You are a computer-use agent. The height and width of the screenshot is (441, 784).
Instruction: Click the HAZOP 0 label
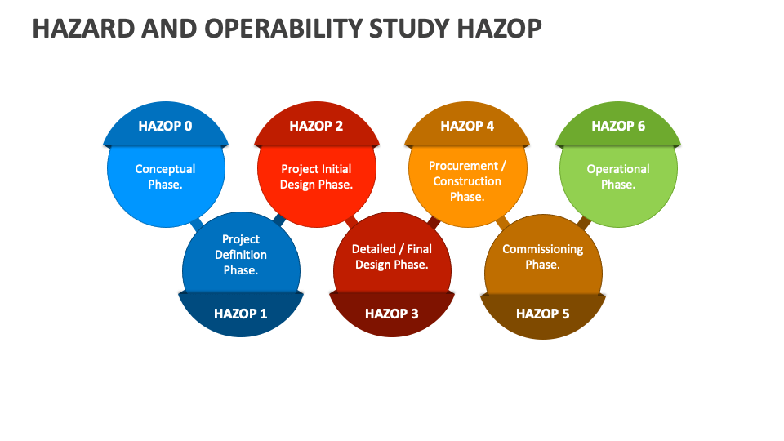[165, 126]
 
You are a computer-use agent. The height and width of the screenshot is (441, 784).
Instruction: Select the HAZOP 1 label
[240, 314]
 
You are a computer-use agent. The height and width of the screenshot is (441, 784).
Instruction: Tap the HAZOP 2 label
[316, 126]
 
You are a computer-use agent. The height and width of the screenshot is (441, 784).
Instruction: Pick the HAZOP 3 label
[391, 314]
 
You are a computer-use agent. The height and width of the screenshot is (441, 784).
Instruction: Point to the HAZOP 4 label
[467, 126]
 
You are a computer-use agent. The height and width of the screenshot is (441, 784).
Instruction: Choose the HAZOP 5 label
[542, 314]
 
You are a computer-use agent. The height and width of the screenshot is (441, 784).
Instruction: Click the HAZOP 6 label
[618, 126]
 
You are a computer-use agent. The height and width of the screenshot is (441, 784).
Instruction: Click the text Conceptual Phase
[165, 176]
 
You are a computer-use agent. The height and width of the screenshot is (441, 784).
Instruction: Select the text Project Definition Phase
[240, 255]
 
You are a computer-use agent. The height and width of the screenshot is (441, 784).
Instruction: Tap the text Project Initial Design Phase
[316, 176]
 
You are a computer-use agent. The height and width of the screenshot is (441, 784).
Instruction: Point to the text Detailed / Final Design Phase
[391, 256]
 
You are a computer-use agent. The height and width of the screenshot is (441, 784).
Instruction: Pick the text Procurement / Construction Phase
[467, 181]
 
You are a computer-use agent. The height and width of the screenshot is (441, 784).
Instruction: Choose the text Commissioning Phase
[542, 256]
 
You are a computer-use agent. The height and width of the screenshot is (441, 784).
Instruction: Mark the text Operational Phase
[618, 176]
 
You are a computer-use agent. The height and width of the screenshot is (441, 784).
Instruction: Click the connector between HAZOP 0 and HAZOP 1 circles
[197, 221]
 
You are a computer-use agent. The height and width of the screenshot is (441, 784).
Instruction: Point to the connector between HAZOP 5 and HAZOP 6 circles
[583, 221]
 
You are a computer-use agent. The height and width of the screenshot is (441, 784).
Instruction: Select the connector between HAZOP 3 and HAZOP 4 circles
[433, 221]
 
